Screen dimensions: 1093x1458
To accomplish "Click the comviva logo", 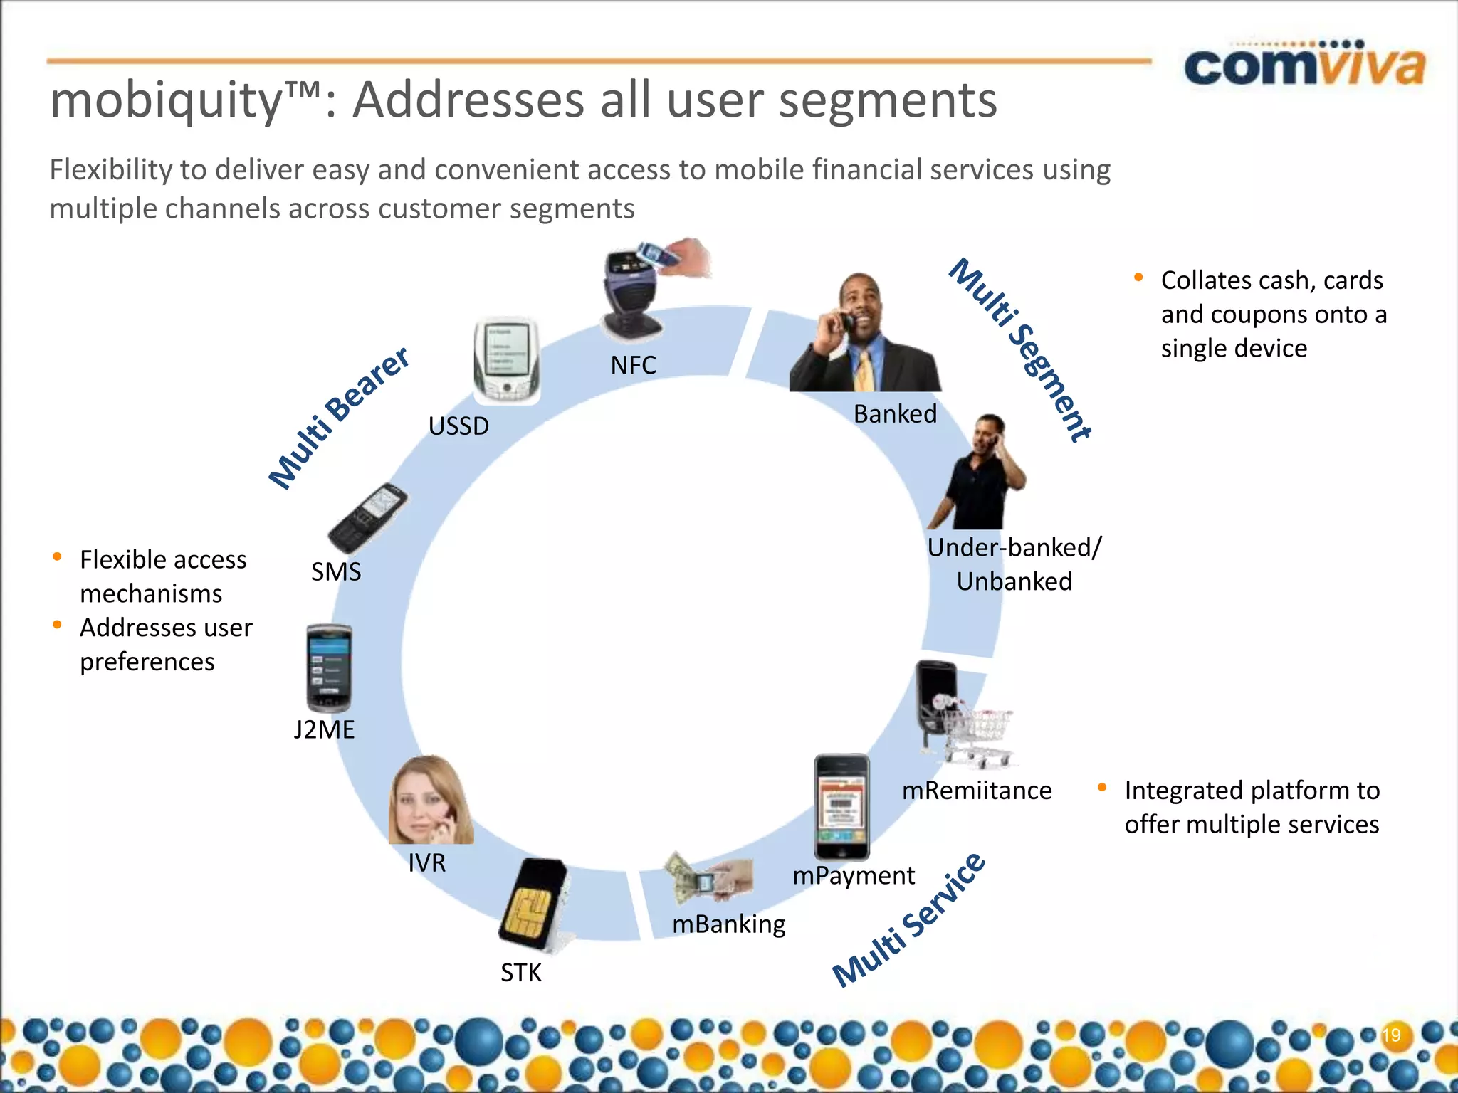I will click(1304, 65).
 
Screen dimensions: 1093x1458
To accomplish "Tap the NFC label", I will click(633, 365).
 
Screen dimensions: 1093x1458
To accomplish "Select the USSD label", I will click(458, 426).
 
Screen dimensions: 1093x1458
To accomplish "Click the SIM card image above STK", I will click(533, 904).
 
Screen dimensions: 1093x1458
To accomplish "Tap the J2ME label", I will click(324, 729).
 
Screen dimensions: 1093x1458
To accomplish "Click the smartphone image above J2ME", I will click(328, 668).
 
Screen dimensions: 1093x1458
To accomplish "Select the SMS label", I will click(336, 571).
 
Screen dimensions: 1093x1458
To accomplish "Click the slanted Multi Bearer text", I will click(339, 418).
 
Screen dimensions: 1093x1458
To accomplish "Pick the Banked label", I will click(895, 413).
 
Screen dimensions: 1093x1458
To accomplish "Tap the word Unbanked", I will click(1014, 581).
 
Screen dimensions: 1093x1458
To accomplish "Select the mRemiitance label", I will click(977, 791).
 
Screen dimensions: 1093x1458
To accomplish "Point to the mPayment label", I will click(854, 875).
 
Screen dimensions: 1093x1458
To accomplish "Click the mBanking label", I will click(728, 924).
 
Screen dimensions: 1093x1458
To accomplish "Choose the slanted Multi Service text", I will click(910, 920).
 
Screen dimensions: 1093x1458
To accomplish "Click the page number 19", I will click(1391, 1035).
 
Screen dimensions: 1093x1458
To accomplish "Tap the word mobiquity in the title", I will click(167, 100).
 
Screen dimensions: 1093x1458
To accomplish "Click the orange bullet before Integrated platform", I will click(1102, 787).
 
